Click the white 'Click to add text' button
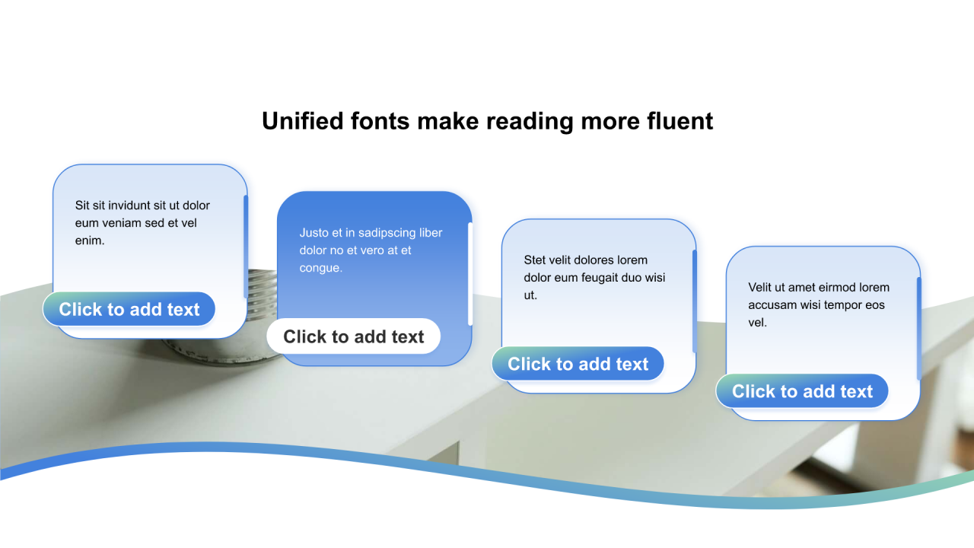click(354, 336)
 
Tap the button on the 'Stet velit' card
click(578, 364)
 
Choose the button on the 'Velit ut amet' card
click(802, 391)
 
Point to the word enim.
click(90, 241)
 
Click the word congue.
click(321, 268)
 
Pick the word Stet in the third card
click(534, 260)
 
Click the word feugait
click(603, 278)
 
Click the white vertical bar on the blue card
click(470, 274)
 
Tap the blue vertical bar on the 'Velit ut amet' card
click(918, 329)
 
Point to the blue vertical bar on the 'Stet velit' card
click(695, 301)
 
